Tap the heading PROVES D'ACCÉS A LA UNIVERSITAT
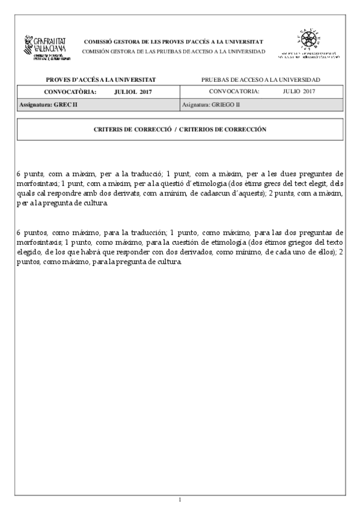click(x=101, y=79)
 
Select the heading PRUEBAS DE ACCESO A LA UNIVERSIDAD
click(x=261, y=79)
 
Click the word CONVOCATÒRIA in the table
click(x=70, y=91)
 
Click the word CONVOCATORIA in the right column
click(x=234, y=91)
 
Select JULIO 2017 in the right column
click(x=298, y=91)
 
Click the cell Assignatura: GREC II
click(x=48, y=105)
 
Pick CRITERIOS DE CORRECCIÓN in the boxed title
click(x=222, y=129)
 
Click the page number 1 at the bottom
click(x=180, y=499)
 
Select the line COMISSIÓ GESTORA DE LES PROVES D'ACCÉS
click(x=173, y=42)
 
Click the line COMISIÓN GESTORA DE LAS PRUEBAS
click(x=173, y=52)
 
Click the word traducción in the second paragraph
click(x=144, y=232)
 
